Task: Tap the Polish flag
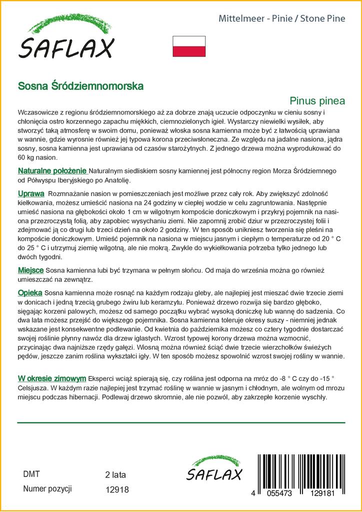click(x=189, y=46)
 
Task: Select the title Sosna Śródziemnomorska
click(x=80, y=85)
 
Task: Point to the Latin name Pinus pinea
click(x=317, y=100)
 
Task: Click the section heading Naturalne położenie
click(x=52, y=171)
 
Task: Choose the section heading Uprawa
click(x=31, y=193)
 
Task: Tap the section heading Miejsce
click(x=30, y=270)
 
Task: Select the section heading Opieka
click(x=30, y=292)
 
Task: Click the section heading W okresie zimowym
click(x=51, y=377)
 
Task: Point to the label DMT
click(x=31, y=474)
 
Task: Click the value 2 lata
click(x=115, y=474)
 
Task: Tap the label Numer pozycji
click(x=48, y=488)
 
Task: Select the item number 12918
click(x=117, y=490)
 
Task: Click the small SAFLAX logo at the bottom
click(x=213, y=470)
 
